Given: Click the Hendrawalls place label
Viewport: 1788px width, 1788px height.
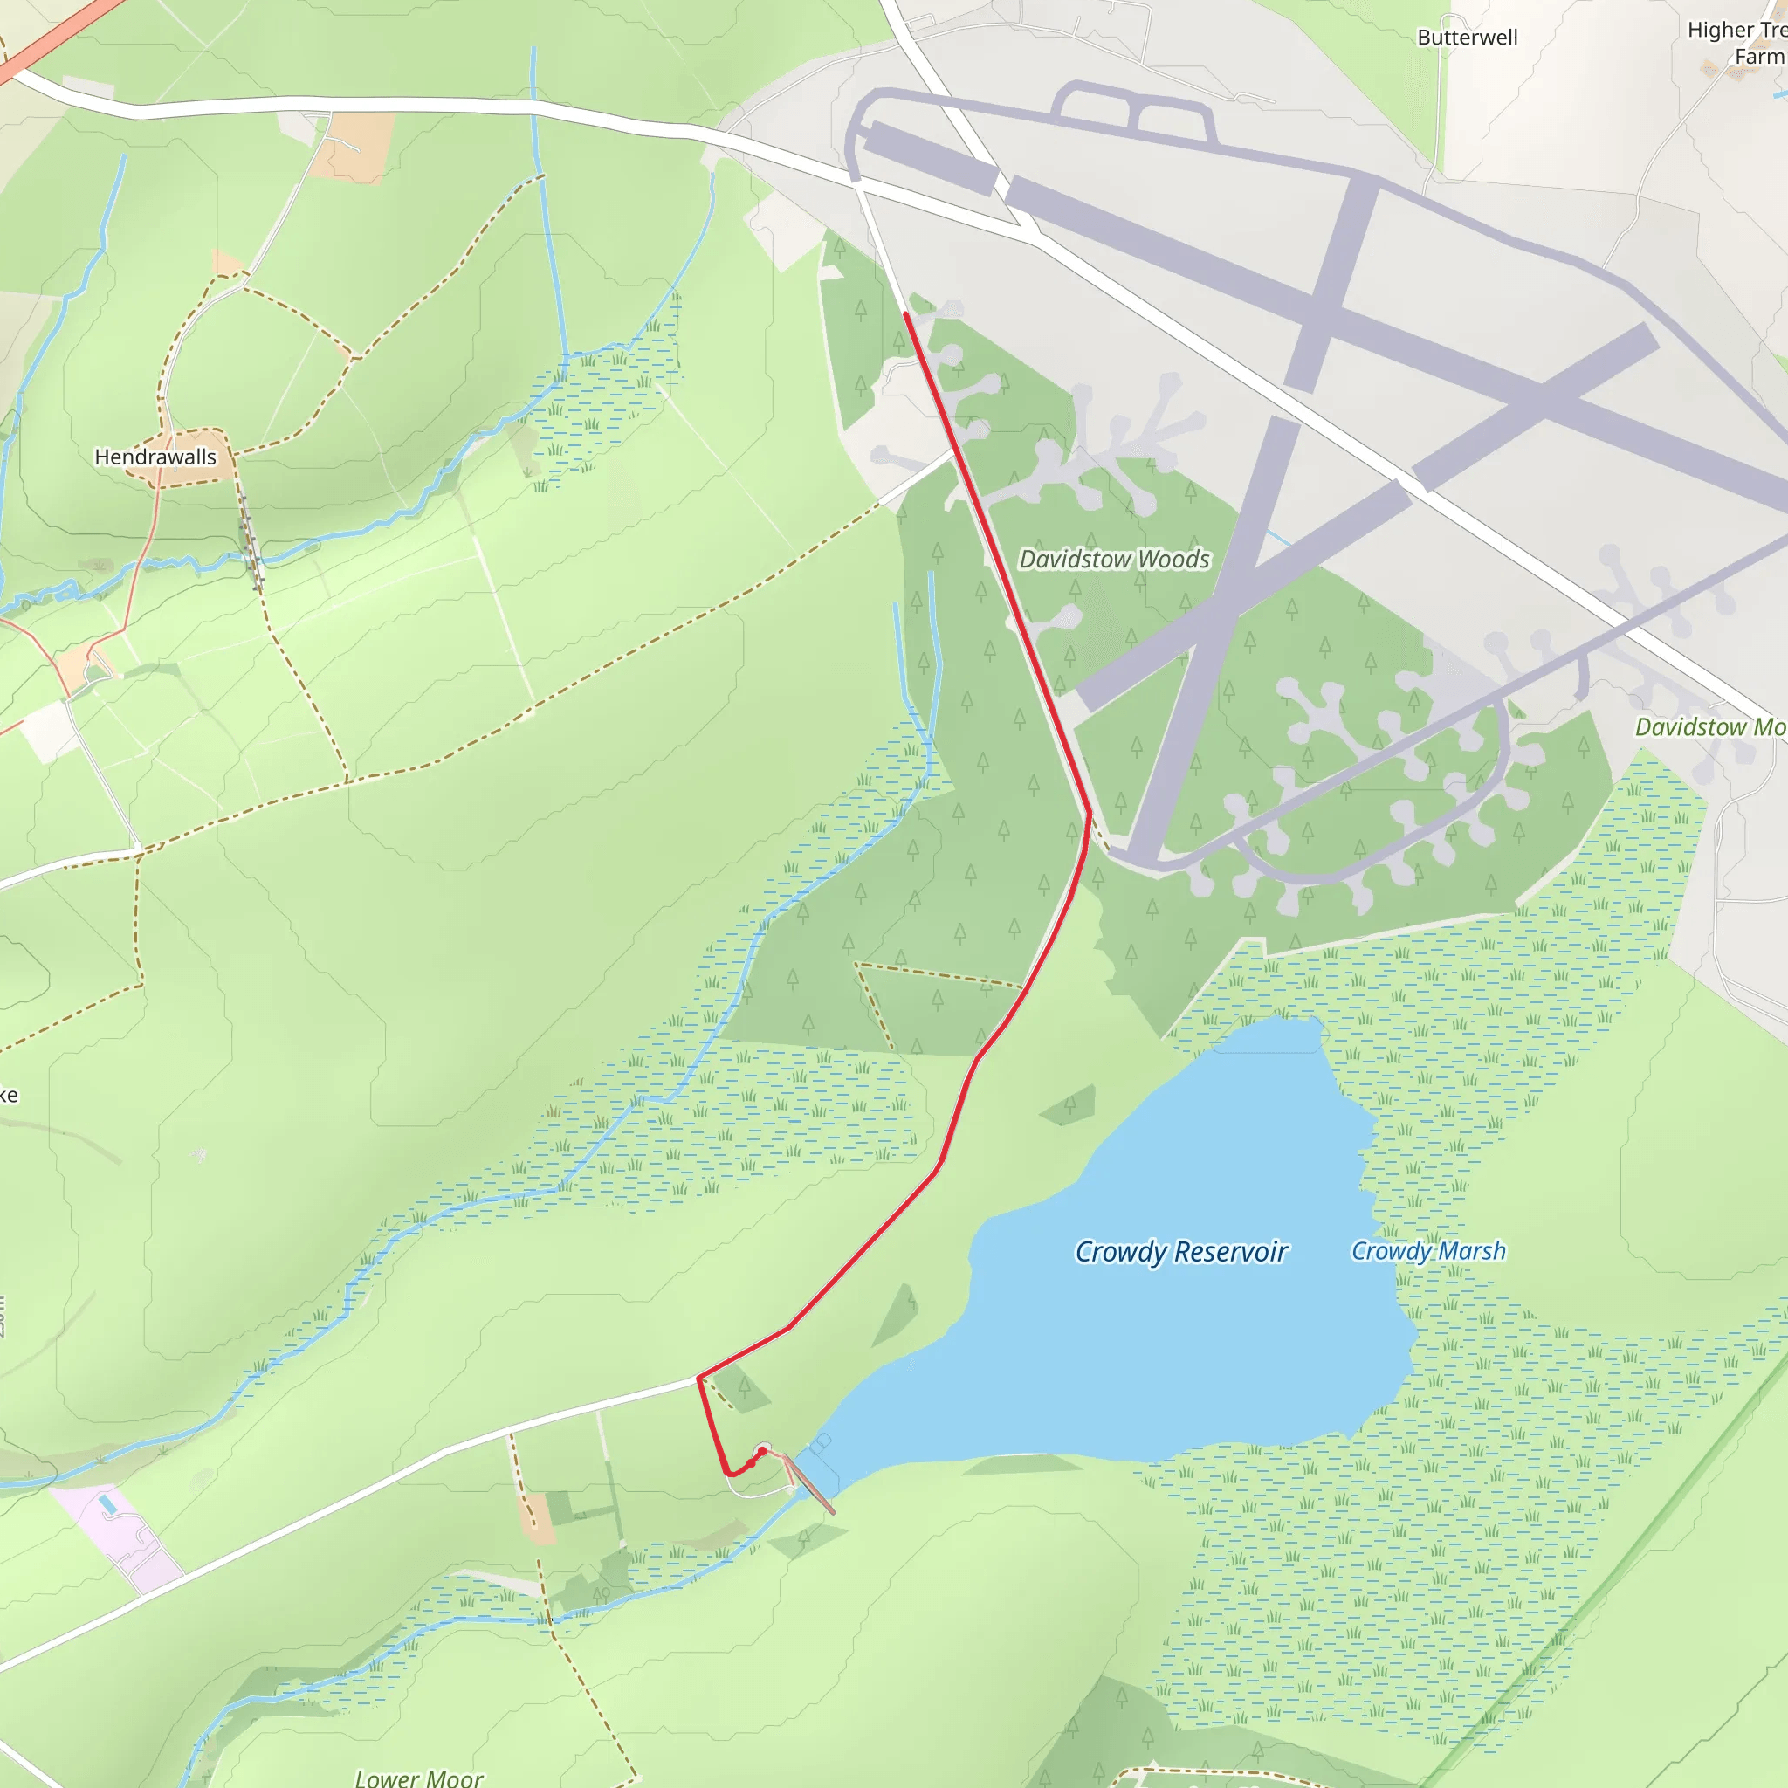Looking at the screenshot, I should pos(155,457).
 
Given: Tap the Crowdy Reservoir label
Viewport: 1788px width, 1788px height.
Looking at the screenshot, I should pos(1181,1252).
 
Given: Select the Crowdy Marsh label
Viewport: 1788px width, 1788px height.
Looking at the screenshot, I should pos(1428,1251).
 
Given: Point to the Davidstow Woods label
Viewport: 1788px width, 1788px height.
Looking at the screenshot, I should pos(1114,559).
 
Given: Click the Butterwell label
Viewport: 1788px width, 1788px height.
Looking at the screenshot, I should pos(1468,38).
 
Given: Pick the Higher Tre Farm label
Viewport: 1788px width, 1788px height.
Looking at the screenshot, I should pos(1736,44).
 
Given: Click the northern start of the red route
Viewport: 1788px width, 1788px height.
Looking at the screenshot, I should pos(906,315).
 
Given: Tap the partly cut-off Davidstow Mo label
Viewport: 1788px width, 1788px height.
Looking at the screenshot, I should pos(1710,727).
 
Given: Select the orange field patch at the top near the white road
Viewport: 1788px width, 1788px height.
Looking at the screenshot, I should pos(350,146).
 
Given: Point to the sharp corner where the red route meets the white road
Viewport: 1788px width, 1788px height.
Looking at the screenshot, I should pos(698,1378).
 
